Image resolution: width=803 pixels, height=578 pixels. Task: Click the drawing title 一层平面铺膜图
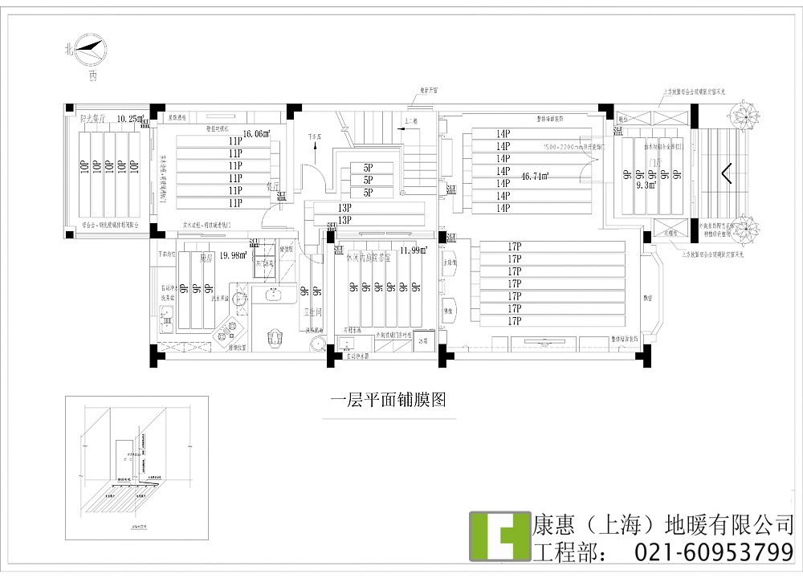388,399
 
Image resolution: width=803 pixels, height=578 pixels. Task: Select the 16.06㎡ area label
256,133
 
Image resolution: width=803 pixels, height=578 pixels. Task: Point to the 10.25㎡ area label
128,119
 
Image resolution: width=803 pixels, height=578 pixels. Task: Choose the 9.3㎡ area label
646,185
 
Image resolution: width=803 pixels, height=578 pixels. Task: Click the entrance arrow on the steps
727,173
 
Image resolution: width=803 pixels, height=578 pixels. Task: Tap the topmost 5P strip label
368,168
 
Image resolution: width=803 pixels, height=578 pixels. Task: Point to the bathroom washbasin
319,345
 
